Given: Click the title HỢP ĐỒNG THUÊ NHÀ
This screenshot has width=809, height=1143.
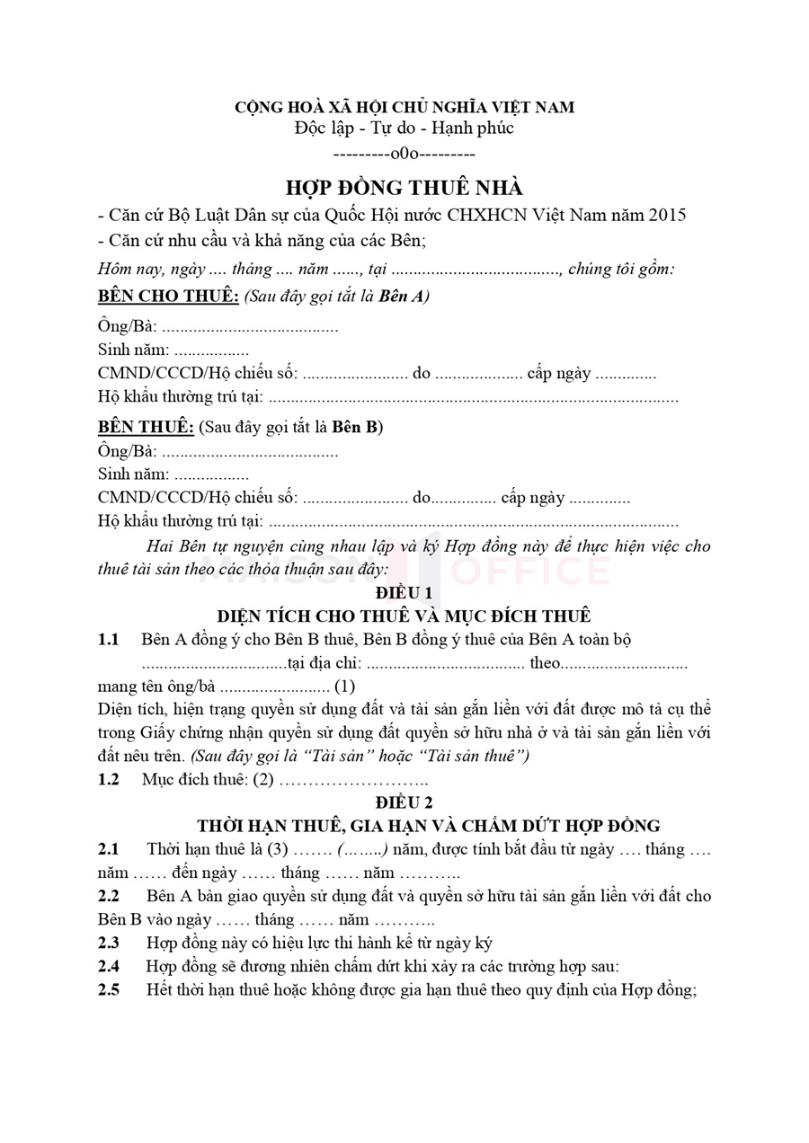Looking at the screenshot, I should [x=404, y=188].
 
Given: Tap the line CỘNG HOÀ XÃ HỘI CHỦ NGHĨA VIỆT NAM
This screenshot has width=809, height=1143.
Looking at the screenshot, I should [x=404, y=107].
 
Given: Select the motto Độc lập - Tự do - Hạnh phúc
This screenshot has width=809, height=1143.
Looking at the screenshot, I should [x=404, y=128].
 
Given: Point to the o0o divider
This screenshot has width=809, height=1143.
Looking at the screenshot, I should [x=404, y=153].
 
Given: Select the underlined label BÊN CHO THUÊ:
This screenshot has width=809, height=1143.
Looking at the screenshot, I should [x=168, y=297].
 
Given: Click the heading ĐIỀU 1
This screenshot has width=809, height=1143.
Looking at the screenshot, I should [x=404, y=593].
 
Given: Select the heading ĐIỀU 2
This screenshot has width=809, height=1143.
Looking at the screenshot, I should [x=404, y=802].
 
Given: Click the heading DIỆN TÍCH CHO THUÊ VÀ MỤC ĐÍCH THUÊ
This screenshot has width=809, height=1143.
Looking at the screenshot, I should [x=404, y=616].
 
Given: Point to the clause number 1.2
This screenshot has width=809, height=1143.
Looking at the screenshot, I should [x=109, y=779].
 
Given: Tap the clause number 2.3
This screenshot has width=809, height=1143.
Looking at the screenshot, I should [x=109, y=943].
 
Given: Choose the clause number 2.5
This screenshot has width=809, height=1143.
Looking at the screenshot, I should [x=109, y=989].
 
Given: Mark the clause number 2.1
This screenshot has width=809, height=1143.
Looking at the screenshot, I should [x=109, y=849].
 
